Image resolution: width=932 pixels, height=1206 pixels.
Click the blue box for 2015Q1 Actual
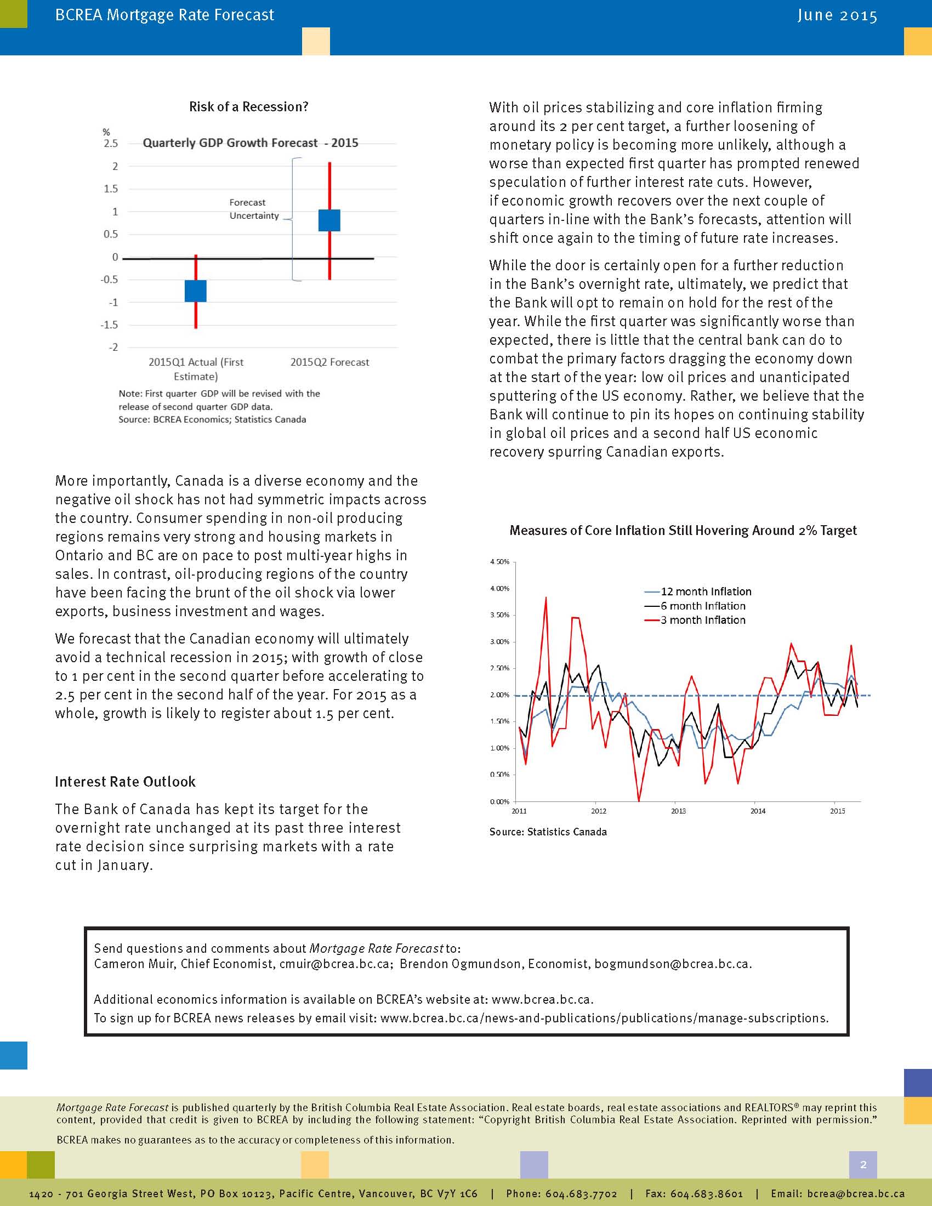pyautogui.click(x=196, y=291)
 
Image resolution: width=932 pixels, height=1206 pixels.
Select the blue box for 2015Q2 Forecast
pyautogui.click(x=329, y=220)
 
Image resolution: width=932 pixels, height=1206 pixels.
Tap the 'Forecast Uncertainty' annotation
pyautogui.click(x=254, y=209)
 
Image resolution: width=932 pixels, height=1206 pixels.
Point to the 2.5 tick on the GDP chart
pyautogui.click(x=111, y=144)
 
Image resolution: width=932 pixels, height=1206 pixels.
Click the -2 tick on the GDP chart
pyautogui.click(x=112, y=348)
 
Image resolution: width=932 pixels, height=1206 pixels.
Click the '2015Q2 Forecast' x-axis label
pyautogui.click(x=329, y=362)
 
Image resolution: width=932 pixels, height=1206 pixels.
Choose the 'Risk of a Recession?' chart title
pyautogui.click(x=248, y=106)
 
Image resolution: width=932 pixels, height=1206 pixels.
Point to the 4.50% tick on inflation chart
pyautogui.click(x=499, y=562)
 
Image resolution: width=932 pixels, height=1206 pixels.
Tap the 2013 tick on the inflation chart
pyautogui.click(x=678, y=811)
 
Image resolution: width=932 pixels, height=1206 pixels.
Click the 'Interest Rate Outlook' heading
pyautogui.click(x=126, y=782)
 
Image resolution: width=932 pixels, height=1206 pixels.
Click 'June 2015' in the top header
pyautogui.click(x=837, y=15)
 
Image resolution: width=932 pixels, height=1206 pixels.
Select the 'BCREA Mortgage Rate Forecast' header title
pyautogui.click(x=164, y=15)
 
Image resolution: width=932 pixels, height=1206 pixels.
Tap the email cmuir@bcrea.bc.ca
pyautogui.click(x=334, y=964)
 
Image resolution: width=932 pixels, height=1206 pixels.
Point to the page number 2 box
pyautogui.click(x=863, y=1165)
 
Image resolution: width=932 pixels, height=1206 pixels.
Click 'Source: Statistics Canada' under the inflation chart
pyautogui.click(x=548, y=832)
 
